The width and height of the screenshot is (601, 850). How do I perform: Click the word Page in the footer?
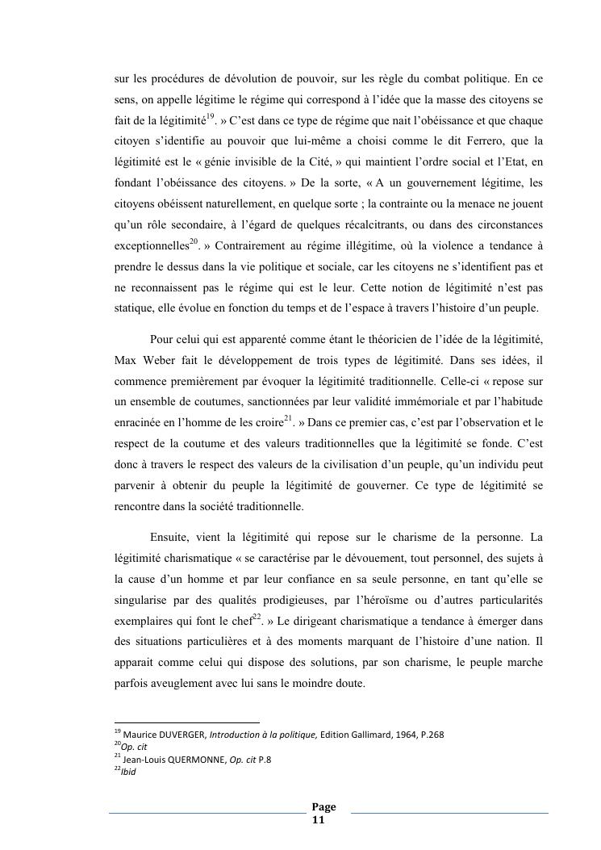click(x=323, y=807)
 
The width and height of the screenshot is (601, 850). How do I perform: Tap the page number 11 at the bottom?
click(x=318, y=819)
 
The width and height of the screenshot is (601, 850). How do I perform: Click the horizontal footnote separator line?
click(x=186, y=722)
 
